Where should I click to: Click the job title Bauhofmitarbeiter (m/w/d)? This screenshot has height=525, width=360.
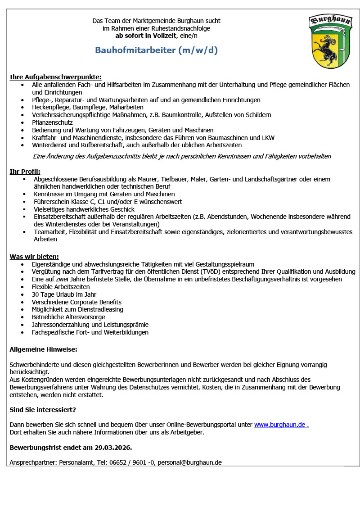[156, 50]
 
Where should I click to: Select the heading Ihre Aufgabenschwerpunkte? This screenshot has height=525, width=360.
[55, 77]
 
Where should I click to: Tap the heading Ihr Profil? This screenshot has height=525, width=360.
[25, 172]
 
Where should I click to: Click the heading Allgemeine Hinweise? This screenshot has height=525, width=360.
[43, 349]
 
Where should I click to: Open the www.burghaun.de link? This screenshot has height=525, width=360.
[281, 425]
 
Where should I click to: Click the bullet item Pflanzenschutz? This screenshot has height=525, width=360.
[52, 122]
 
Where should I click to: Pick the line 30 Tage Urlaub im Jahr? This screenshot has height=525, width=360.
[64, 294]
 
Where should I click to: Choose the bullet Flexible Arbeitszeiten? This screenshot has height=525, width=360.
[61, 287]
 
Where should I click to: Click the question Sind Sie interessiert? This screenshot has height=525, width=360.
[43, 410]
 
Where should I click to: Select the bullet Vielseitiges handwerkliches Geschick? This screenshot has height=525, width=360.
[84, 209]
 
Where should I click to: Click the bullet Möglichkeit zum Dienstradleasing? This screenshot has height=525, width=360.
[77, 310]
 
